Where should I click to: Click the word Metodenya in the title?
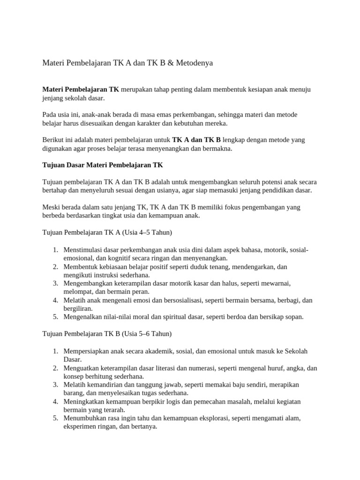coord(195,63)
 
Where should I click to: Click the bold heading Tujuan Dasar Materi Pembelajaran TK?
coord(103,165)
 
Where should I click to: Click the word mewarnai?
coord(277,283)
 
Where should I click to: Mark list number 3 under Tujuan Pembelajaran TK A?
coord(55,283)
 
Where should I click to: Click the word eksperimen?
coord(80,427)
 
